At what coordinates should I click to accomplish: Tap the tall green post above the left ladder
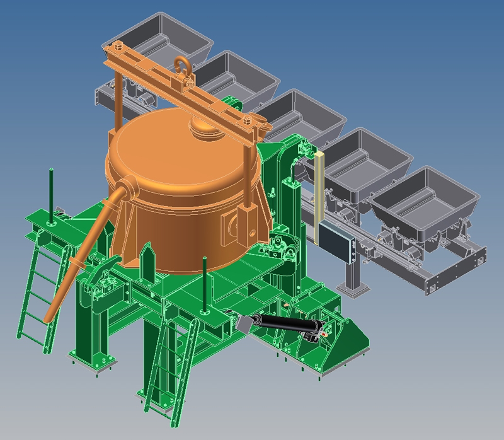(x=51, y=190)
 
